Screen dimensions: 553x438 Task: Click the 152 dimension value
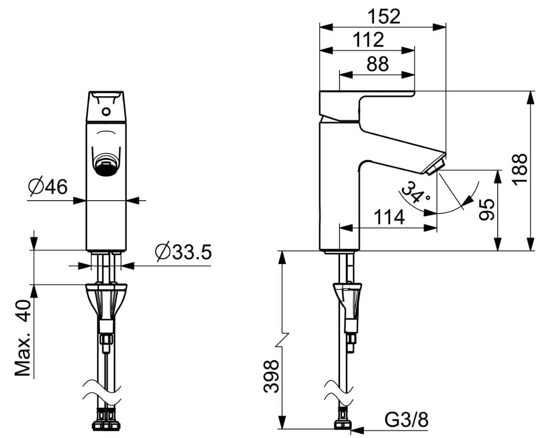click(384, 17)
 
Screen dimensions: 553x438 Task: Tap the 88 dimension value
click(377, 64)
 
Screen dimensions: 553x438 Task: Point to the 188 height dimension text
click(520, 169)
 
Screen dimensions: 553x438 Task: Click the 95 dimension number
click(487, 209)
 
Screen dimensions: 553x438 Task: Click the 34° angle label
click(415, 193)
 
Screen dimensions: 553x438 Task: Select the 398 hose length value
click(271, 377)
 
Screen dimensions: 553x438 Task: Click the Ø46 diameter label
click(48, 186)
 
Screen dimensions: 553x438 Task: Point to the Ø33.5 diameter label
click(183, 252)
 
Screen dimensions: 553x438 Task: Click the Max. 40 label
click(22, 338)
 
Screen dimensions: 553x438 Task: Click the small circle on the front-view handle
click(106, 112)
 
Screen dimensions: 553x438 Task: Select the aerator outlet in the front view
click(106, 164)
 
